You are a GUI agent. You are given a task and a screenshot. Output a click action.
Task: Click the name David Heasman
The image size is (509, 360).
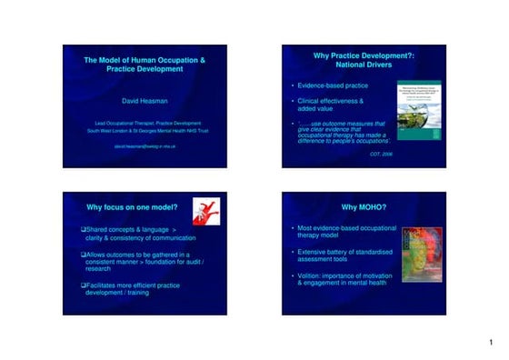[x=145, y=101]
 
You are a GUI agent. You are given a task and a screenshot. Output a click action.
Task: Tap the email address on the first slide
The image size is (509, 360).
[x=145, y=145]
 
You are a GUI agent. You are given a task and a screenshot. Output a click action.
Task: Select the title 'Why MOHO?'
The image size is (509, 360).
[x=364, y=207]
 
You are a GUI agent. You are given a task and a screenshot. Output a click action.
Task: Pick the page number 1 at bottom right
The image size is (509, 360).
[x=490, y=343]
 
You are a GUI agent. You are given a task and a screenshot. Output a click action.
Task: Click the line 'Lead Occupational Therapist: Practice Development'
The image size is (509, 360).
[x=145, y=123]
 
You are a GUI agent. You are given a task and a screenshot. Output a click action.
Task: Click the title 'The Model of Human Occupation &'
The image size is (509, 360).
[x=145, y=60]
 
